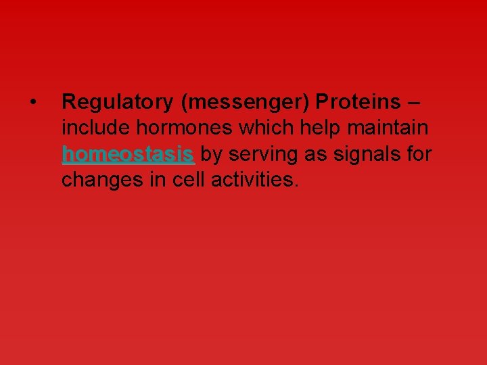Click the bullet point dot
(x=32, y=103)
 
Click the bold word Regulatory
(x=118, y=102)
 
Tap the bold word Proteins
(x=358, y=102)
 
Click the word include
(x=89, y=128)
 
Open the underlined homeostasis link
(x=129, y=155)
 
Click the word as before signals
(x=310, y=155)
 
